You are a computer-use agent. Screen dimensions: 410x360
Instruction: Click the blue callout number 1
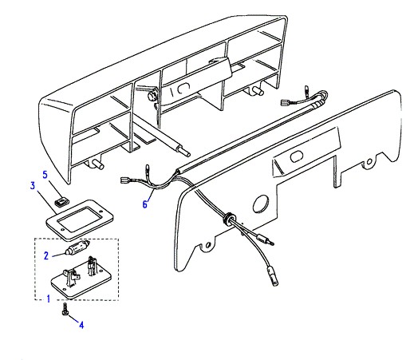click(48, 299)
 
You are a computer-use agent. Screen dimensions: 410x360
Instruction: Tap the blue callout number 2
click(46, 255)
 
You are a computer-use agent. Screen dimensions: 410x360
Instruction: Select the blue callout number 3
click(33, 185)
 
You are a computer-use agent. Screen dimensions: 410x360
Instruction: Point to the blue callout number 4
click(81, 325)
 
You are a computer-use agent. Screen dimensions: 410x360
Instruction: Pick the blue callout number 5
click(45, 175)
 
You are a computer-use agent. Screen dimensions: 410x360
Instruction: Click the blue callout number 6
click(145, 204)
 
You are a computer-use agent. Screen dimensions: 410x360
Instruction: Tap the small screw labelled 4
click(65, 310)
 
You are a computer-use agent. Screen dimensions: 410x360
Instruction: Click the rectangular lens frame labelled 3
click(80, 220)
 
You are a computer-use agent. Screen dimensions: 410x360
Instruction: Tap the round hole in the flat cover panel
click(261, 204)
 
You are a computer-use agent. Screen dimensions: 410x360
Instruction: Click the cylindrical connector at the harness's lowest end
click(274, 278)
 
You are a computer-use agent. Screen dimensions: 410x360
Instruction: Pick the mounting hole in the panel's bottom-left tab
click(208, 244)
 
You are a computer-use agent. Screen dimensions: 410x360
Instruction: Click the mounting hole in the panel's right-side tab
click(369, 161)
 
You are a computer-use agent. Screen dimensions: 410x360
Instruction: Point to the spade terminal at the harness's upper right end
click(285, 101)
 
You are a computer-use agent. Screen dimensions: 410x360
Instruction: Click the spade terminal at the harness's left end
click(124, 180)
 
